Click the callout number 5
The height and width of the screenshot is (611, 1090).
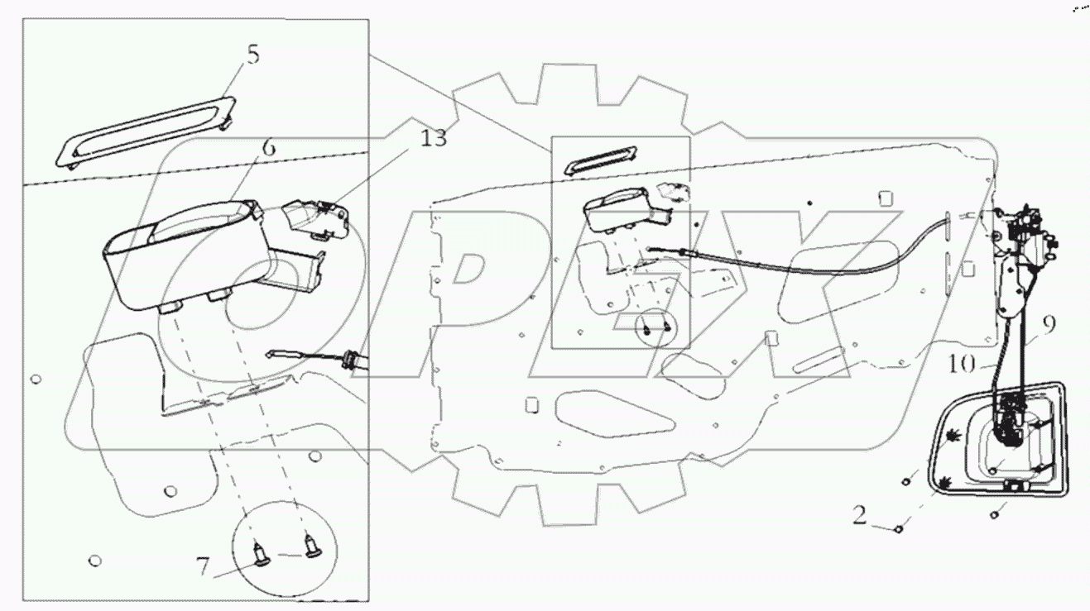pyautogui.click(x=252, y=55)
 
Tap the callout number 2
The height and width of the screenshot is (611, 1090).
pyautogui.click(x=861, y=517)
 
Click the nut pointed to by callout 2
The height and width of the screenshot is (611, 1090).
pyautogui.click(x=899, y=527)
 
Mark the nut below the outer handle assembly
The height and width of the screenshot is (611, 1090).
pyautogui.click(x=993, y=515)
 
